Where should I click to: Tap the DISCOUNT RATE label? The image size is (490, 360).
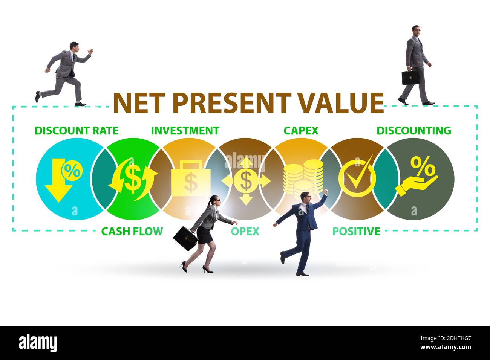[77, 131]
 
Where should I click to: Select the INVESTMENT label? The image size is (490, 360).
[185, 131]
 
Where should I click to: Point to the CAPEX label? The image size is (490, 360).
[301, 131]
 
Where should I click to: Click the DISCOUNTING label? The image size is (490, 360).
[414, 131]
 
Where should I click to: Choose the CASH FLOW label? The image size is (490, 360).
[132, 231]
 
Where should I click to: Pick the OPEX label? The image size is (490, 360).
[245, 231]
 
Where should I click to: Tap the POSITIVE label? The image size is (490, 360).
[356, 231]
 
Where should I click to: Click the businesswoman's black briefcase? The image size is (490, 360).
[185, 238]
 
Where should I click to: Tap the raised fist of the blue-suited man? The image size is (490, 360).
[326, 192]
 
